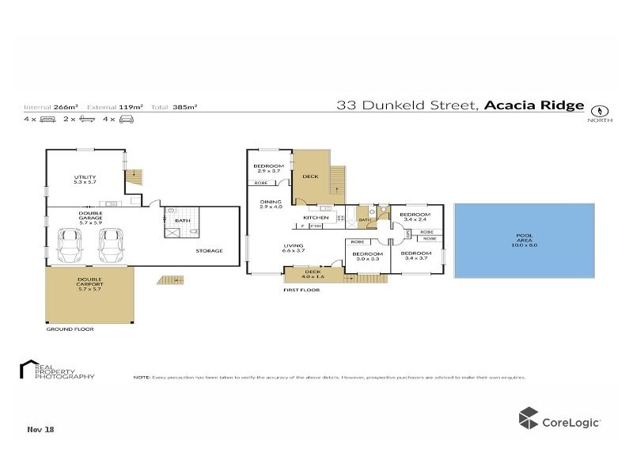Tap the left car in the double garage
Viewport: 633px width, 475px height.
[70, 245]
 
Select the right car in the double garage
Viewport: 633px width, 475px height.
[110, 245]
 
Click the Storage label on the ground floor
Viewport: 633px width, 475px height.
[210, 251]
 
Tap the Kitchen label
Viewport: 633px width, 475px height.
[316, 217]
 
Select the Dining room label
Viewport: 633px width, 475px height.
[271, 204]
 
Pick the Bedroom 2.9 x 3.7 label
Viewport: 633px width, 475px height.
[267, 169]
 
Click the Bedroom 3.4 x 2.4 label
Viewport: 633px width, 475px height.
[415, 218]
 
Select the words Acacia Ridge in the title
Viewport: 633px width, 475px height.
[534, 105]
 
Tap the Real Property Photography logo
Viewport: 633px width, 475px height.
[55, 370]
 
